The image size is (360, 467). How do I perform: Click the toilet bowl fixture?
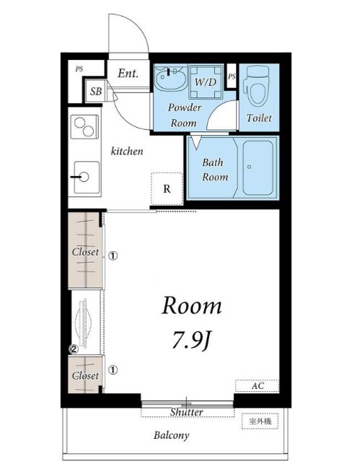tap(256, 86)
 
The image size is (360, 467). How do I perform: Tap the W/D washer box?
tap(206, 82)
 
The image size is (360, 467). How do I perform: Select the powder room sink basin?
tap(170, 77)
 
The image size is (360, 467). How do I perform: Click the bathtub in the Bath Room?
tap(258, 167)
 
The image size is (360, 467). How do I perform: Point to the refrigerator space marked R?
tap(167, 188)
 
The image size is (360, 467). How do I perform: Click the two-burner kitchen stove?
tap(84, 127)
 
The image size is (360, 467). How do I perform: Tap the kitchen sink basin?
tap(87, 178)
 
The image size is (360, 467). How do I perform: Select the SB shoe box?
tap(95, 91)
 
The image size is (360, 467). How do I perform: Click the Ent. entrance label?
tap(128, 74)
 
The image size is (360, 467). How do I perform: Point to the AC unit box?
tap(258, 386)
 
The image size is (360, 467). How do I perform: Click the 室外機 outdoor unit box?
tap(260, 421)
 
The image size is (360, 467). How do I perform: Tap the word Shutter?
tap(186, 412)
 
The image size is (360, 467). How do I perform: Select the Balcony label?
tap(171, 435)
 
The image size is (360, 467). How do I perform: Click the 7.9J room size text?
tap(191, 340)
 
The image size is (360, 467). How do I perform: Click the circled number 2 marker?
tap(74, 349)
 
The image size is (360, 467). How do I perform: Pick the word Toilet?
tap(259, 118)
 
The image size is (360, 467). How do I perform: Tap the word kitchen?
tap(127, 151)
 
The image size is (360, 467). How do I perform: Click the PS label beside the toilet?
tap(232, 77)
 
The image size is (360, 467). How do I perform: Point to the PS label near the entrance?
tap(79, 69)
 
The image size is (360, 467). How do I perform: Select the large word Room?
tap(192, 305)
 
